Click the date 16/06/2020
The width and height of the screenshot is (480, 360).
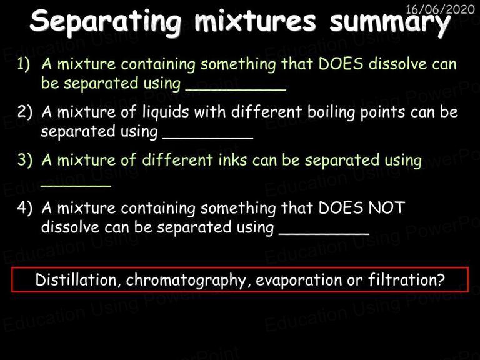pyautogui.click(x=440, y=9)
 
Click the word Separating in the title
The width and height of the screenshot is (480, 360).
pyautogui.click(x=106, y=22)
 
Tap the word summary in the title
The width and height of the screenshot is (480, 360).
pyautogui.click(x=390, y=22)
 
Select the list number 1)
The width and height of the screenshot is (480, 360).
pyautogui.click(x=24, y=64)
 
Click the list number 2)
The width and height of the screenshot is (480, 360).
pyautogui.click(x=24, y=112)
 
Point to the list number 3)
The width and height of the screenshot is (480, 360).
pyautogui.click(x=24, y=160)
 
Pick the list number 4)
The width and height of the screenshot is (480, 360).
pyautogui.click(x=24, y=208)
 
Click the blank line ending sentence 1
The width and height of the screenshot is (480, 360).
pyautogui.click(x=236, y=90)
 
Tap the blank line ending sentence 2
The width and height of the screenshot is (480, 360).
pyautogui.click(x=208, y=138)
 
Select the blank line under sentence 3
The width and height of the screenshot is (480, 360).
pyautogui.click(x=76, y=186)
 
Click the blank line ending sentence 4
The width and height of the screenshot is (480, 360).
pyautogui.click(x=324, y=234)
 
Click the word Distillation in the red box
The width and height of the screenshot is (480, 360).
pyautogui.click(x=76, y=280)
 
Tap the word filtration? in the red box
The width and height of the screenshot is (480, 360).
pyautogui.click(x=406, y=279)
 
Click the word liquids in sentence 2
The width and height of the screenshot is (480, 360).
pyautogui.click(x=166, y=112)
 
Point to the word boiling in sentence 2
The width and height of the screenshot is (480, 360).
pyautogui.click(x=331, y=112)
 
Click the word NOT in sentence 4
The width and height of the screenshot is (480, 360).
pyautogui.click(x=387, y=208)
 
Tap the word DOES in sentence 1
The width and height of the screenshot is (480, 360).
pyautogui.click(x=341, y=64)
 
